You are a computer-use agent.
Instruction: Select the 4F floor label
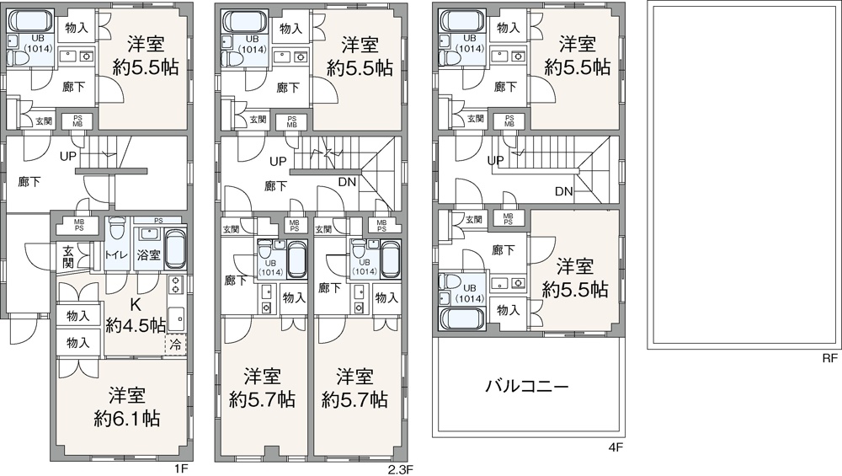coord(616,447)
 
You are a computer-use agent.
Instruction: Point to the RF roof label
coord(829,358)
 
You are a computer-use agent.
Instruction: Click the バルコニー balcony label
coord(527,386)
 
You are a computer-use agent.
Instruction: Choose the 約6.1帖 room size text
coord(127,418)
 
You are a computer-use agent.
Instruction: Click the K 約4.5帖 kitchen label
coord(136,315)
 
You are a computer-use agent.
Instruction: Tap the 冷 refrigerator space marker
coord(175,344)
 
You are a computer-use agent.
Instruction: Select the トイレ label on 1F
coord(116,255)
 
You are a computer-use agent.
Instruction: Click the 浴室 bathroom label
coord(149,254)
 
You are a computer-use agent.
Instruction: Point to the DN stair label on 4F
coord(564,191)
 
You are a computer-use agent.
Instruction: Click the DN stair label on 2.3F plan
coord(347,182)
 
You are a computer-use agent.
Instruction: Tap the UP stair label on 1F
coord(68,157)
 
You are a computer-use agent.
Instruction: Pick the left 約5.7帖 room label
coord(262,399)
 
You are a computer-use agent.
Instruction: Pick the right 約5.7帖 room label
coord(354,399)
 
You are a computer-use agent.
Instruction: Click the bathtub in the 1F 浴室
coord(174,249)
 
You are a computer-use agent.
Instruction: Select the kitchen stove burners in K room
coord(175,285)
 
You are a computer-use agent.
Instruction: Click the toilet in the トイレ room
coord(116,231)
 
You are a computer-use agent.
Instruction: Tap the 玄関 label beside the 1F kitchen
coord(68,256)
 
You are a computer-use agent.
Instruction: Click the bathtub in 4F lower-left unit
coord(462,318)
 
